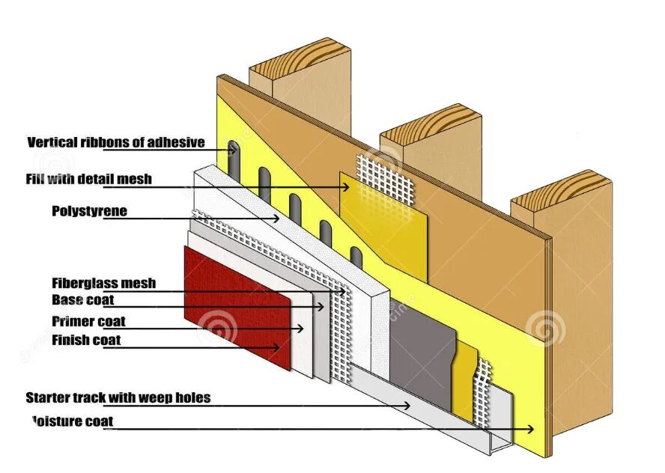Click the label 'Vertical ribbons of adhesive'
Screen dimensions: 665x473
pyautogui.click(x=116, y=142)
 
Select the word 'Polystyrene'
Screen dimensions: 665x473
pyautogui.click(x=89, y=211)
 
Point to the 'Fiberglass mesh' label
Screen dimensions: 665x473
pyautogui.click(x=104, y=283)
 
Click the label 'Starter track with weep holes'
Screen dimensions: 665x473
pyautogui.click(x=118, y=397)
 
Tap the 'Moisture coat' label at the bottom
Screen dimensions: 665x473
pyautogui.click(x=73, y=421)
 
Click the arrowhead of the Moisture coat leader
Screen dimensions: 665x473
pyautogui.click(x=531, y=429)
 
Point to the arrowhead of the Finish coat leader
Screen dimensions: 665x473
pyautogui.click(x=276, y=347)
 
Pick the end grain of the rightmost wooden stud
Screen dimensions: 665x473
pyautogui.click(x=562, y=191)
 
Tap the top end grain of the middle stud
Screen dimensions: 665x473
pyautogui.click(x=431, y=123)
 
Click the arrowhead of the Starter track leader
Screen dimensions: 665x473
pyautogui.click(x=407, y=406)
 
